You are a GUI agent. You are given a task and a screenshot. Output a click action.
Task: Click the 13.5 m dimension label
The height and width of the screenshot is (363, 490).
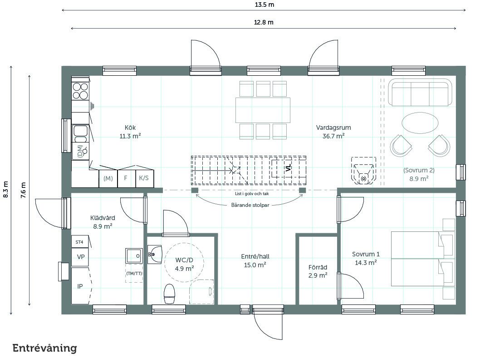[265, 5]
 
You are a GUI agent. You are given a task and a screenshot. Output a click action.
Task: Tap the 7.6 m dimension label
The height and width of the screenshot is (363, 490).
[24, 190]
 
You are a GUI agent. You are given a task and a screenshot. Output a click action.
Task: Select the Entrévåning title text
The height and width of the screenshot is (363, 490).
[44, 348]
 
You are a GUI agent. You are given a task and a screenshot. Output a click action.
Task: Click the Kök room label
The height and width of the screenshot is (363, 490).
[130, 128]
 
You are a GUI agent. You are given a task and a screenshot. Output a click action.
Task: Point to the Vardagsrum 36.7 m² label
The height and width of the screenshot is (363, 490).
[333, 132]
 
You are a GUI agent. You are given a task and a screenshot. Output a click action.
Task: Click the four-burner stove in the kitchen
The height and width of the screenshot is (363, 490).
[80, 91]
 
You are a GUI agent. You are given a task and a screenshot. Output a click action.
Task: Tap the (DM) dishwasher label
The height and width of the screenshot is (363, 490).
[80, 151]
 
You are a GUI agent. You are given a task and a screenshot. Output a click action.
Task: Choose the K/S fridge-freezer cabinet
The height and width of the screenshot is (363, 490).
[145, 178]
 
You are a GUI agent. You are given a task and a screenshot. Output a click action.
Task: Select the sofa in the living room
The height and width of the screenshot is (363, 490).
[420, 93]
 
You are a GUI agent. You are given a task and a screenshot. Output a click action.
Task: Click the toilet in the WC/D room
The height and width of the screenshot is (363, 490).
[170, 294]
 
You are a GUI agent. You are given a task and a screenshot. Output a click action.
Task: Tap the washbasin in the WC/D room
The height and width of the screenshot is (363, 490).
[155, 255]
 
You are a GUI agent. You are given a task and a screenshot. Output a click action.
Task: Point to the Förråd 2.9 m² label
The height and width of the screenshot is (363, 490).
[318, 271]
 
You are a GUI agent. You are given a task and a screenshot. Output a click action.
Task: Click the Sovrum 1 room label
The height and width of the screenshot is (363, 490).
[366, 254]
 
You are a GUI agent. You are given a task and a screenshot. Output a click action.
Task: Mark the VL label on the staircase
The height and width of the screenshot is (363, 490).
[288, 167]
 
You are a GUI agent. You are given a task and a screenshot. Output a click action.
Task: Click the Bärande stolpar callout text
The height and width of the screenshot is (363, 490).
[250, 205]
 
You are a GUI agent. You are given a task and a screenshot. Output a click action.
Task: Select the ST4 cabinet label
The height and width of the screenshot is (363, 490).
[79, 242]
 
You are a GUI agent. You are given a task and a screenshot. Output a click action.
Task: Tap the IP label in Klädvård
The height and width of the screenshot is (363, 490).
[80, 286]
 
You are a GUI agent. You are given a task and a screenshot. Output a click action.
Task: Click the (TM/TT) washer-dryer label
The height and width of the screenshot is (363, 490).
[134, 273]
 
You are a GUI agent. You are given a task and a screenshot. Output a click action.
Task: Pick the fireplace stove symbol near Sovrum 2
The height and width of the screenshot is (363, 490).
[363, 171]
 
